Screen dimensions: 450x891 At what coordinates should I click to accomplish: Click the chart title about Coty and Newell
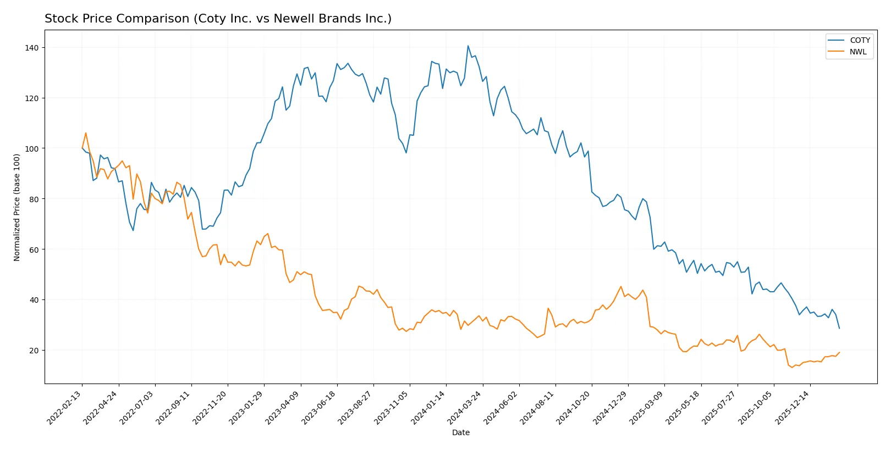coord(218,19)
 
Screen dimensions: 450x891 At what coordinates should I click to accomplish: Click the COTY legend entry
coord(859,40)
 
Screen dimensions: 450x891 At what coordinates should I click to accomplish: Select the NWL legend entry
coord(857,52)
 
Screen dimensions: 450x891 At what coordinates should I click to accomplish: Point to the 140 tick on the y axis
coord(32,48)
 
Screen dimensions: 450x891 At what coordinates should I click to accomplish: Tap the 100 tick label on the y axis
coord(32,148)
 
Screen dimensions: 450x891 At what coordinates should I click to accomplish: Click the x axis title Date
coord(460,432)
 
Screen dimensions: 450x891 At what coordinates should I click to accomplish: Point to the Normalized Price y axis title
coord(17,207)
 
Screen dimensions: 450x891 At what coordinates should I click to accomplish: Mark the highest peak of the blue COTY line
coord(468,46)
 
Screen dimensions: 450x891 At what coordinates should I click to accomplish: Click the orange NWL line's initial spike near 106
coord(86,133)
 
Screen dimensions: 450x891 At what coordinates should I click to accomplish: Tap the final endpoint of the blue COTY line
coord(839,328)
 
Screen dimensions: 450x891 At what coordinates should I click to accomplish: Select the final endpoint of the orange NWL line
coord(839,353)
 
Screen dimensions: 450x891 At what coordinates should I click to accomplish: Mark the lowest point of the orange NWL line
coord(792,367)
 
